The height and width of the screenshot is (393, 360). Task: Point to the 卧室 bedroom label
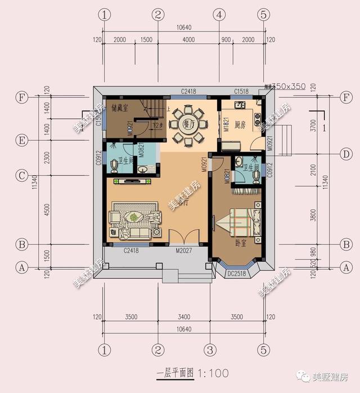coord(242,243)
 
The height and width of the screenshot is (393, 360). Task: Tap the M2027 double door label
coord(184,252)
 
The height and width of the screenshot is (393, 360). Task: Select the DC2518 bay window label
coord(237,274)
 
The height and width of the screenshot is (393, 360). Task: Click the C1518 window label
coord(242,91)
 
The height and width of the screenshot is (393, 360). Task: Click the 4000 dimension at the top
coord(188,40)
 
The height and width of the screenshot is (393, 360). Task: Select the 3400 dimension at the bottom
coord(184,317)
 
